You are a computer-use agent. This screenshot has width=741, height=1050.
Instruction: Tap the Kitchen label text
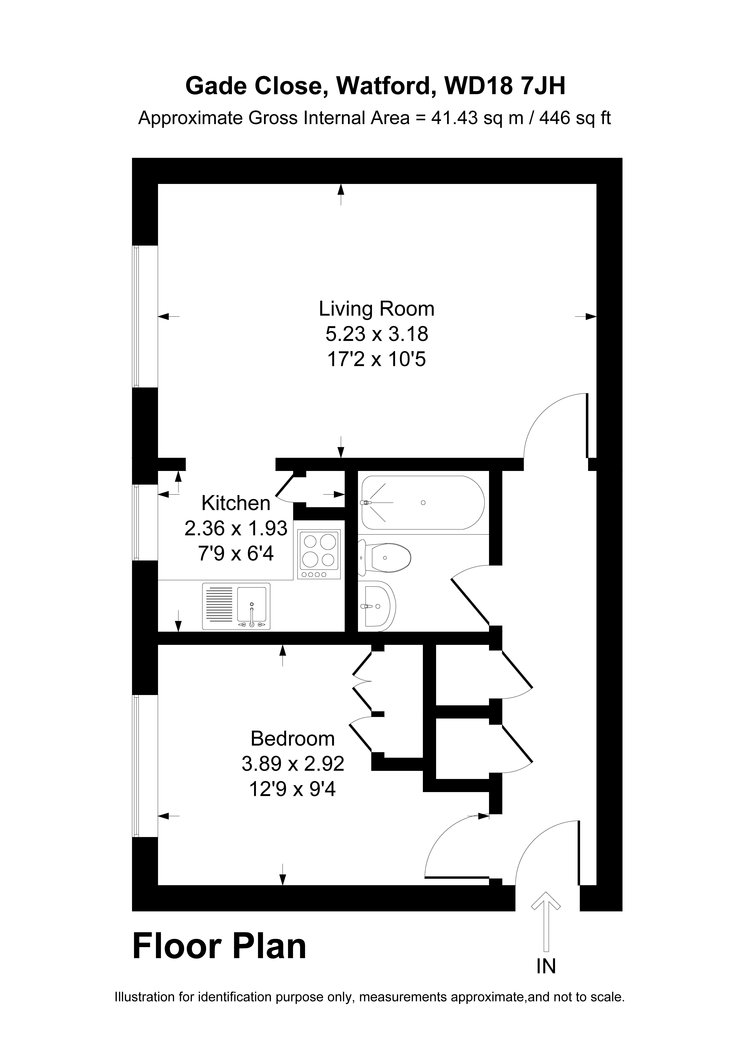pos(236,504)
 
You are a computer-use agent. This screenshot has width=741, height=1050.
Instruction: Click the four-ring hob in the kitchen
pos(319,554)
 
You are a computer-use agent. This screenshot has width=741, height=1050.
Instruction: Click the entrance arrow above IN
pos(545,928)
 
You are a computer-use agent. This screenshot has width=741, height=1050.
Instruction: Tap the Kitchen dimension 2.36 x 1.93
pos(236,529)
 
